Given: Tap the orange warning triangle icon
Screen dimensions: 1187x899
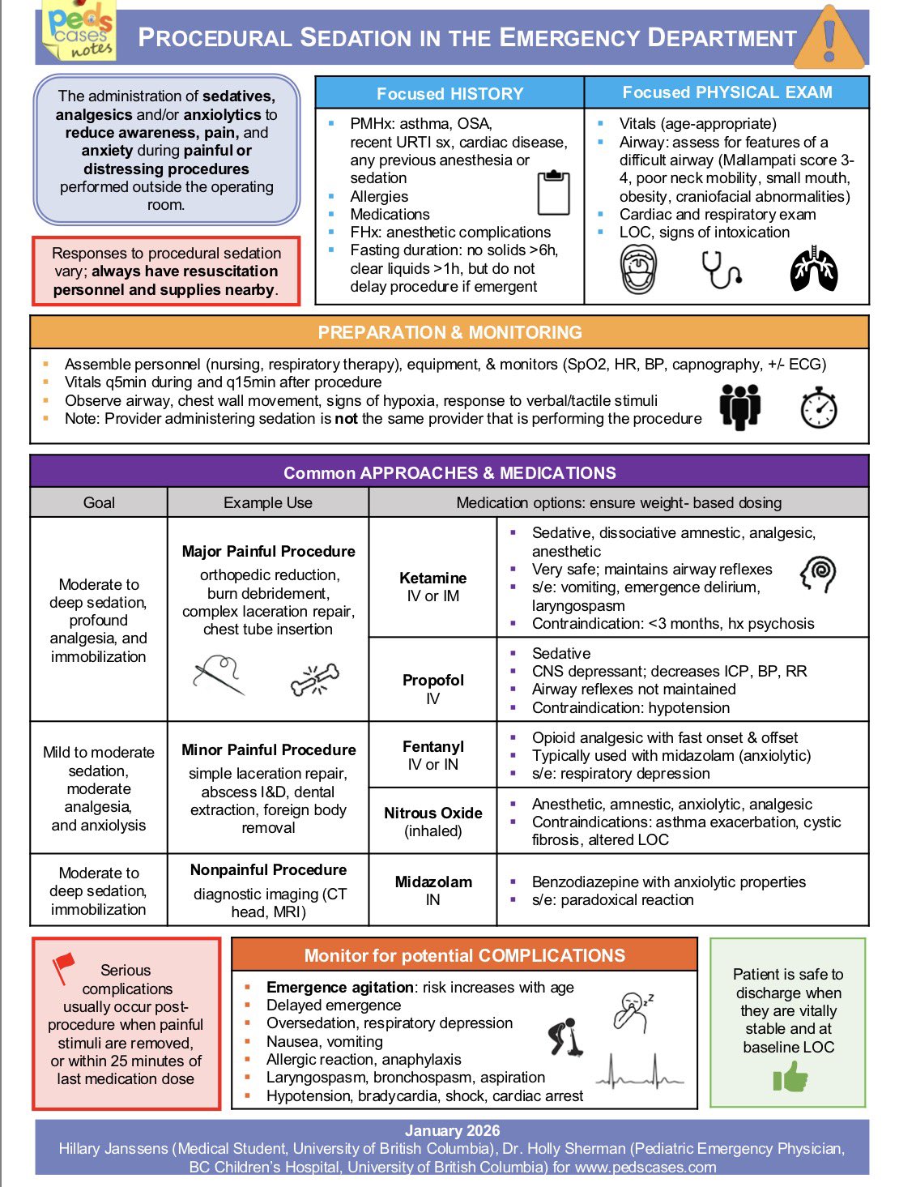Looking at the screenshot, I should [828, 38].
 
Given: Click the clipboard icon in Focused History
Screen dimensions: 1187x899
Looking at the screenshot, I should [554, 192].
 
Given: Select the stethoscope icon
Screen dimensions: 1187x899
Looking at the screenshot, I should [722, 270].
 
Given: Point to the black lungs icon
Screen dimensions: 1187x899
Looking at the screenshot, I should [813, 271].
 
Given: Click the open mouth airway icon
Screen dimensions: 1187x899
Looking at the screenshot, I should [638, 270].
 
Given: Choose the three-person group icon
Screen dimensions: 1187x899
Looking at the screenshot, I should [739, 407].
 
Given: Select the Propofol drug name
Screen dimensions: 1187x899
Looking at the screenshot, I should [433, 680].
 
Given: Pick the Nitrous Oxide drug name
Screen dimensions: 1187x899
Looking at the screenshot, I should [433, 813].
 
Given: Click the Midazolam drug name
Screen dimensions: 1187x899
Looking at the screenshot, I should [433, 882].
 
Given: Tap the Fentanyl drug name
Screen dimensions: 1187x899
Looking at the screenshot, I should [433, 746].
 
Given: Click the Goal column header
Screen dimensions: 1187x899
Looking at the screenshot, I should [99, 502].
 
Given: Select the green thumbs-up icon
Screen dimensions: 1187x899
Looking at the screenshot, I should [790, 1078].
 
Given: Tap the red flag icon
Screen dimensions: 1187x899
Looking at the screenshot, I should [63, 967].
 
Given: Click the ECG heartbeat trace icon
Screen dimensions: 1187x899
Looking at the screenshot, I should [640, 1071].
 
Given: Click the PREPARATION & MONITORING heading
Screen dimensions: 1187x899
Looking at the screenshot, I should [450, 332].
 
